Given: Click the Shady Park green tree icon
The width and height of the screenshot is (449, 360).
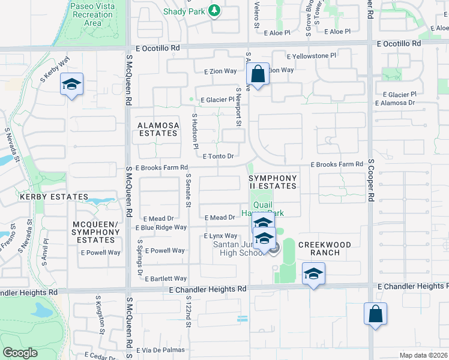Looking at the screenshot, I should pos(213,10).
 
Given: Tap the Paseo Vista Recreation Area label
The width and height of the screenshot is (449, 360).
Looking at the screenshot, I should pos(93,14).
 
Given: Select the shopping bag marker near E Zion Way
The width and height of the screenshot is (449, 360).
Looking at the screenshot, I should pos(258,75).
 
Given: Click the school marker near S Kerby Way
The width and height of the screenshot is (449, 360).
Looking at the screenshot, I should pos(71,85).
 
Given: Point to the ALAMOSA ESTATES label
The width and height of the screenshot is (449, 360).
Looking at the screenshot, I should pos(158,129).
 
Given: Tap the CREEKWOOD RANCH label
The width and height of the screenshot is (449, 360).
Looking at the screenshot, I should pos(328,248).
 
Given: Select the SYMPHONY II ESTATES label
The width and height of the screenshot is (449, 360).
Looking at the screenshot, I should pos(273,182).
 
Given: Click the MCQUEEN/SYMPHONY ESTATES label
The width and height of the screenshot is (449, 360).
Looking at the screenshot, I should pos(97,232).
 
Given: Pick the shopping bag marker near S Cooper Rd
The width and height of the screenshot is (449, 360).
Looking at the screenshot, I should pos(375,314).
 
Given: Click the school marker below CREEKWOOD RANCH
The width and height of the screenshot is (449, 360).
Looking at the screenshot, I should pos(313,274).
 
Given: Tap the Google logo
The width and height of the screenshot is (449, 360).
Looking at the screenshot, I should pos(20,352).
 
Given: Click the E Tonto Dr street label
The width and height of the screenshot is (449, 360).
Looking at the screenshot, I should pos(217,156).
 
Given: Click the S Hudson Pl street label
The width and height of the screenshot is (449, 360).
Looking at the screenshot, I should pos(194,130).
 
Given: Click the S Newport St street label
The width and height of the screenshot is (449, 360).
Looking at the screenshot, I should pos(238,107).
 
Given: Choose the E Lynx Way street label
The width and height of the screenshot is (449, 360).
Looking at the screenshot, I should pos(221,236).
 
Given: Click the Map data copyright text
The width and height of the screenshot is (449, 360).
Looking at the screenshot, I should pos(423,355).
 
